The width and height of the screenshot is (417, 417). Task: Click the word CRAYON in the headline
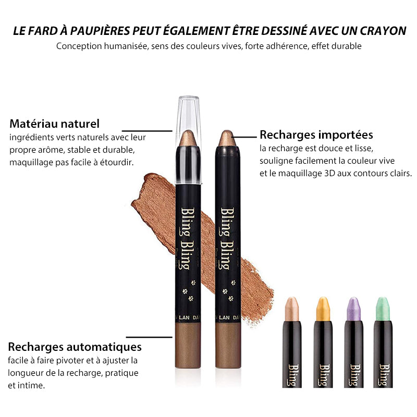pos(383,31)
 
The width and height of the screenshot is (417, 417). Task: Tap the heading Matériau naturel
pos(55,124)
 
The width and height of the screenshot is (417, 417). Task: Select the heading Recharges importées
pos(316,134)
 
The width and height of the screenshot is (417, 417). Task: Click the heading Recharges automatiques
pos(75,347)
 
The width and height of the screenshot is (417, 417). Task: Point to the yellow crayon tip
pos(323,309)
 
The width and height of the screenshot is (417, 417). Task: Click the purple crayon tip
pos(354,309)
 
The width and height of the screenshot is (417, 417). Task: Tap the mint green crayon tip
pos(383,309)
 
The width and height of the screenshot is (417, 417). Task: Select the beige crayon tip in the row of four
pos(292,309)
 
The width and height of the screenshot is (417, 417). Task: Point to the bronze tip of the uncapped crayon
pos(227,138)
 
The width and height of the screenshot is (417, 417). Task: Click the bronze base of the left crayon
pos(188,345)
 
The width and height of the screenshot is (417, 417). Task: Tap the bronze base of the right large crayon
pos(228,345)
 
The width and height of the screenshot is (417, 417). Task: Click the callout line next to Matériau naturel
pos(147,131)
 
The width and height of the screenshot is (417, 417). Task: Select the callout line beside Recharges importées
pos(244,137)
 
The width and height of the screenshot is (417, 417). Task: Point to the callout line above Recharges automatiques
pos(149,337)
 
